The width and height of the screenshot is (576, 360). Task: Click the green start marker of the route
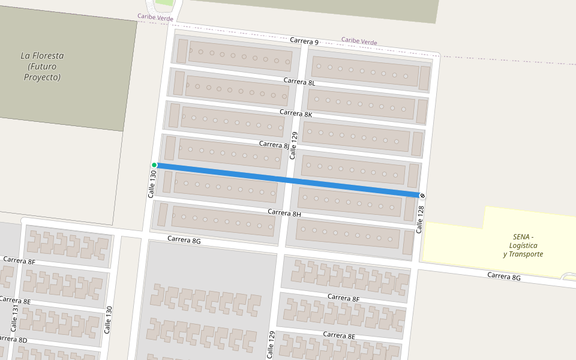click(x=154, y=165)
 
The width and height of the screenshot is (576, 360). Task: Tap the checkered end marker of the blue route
click(x=422, y=196)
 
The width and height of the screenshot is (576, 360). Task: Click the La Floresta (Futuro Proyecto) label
click(x=42, y=67)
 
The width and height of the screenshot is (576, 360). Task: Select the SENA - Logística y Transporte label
click(x=523, y=245)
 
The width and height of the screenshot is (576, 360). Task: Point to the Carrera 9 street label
click(x=304, y=41)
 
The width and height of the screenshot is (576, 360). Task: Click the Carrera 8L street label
click(x=299, y=82)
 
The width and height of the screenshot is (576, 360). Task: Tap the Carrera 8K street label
click(x=296, y=113)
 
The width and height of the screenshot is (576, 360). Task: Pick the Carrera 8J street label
click(x=274, y=145)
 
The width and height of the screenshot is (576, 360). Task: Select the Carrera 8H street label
click(x=284, y=213)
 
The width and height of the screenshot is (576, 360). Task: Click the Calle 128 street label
click(x=421, y=219)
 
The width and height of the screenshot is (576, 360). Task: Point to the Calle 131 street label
click(x=14, y=319)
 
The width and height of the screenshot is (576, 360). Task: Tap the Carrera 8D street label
click(x=13, y=340)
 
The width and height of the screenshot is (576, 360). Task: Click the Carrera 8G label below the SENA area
click(x=503, y=276)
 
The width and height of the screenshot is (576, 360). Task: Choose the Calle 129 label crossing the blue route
click(x=293, y=145)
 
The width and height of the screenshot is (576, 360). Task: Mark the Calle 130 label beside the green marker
click(x=152, y=184)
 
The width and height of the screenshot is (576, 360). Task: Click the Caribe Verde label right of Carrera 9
click(x=359, y=41)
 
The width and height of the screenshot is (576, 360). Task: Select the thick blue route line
click(x=288, y=180)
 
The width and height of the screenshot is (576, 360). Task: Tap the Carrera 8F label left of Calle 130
click(x=19, y=261)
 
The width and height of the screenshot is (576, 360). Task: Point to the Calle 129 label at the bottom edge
click(x=271, y=345)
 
